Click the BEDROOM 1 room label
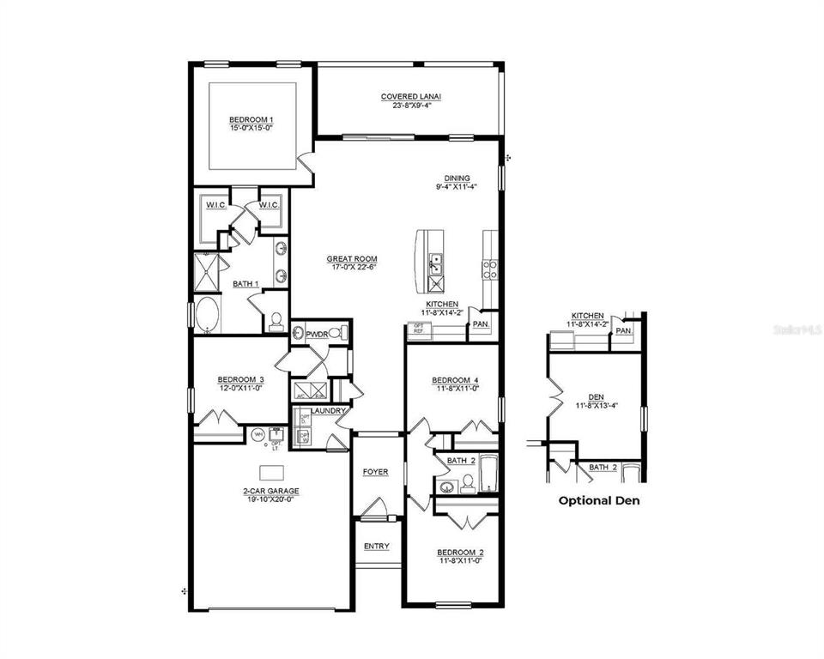point(251,119)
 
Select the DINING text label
point(456,178)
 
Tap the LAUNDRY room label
point(328,411)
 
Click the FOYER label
point(375,472)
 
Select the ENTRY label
point(376,547)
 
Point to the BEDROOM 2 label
point(460,552)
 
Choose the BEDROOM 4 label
point(455,380)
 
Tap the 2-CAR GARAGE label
point(270,492)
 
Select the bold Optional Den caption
point(599,499)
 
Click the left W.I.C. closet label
point(215,204)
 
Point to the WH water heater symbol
point(258,435)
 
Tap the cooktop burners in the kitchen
point(491,266)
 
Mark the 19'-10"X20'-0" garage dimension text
point(270,499)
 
